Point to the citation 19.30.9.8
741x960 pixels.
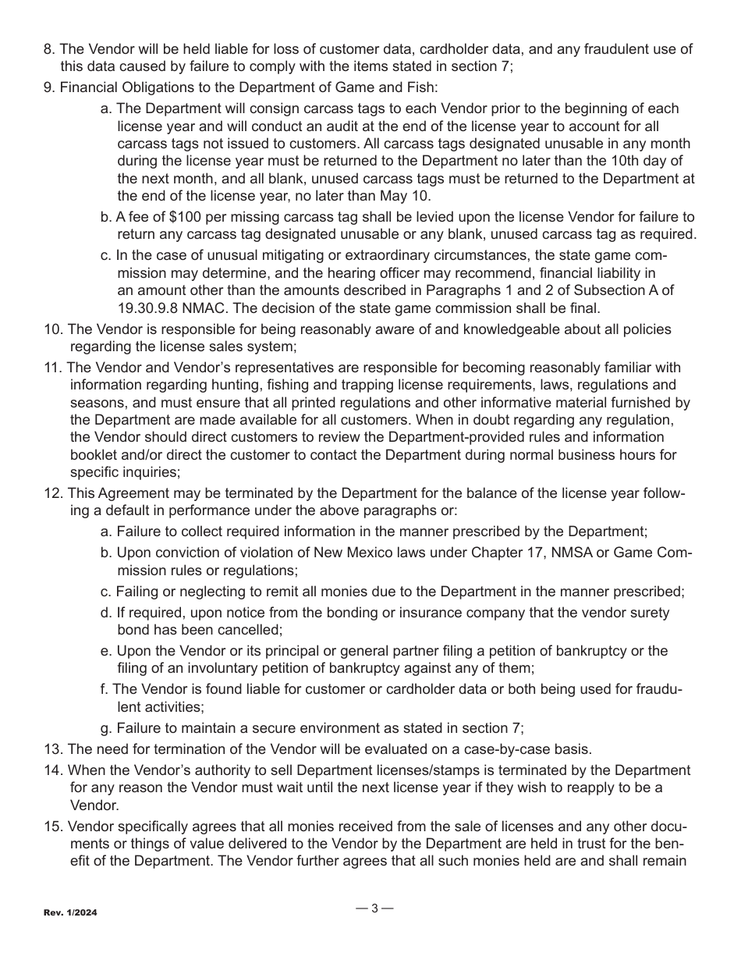point(149,307)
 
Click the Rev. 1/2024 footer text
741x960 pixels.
point(70,912)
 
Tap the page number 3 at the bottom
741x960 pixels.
point(374,908)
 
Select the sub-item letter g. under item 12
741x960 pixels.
point(107,727)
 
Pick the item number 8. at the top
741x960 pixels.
point(49,49)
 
